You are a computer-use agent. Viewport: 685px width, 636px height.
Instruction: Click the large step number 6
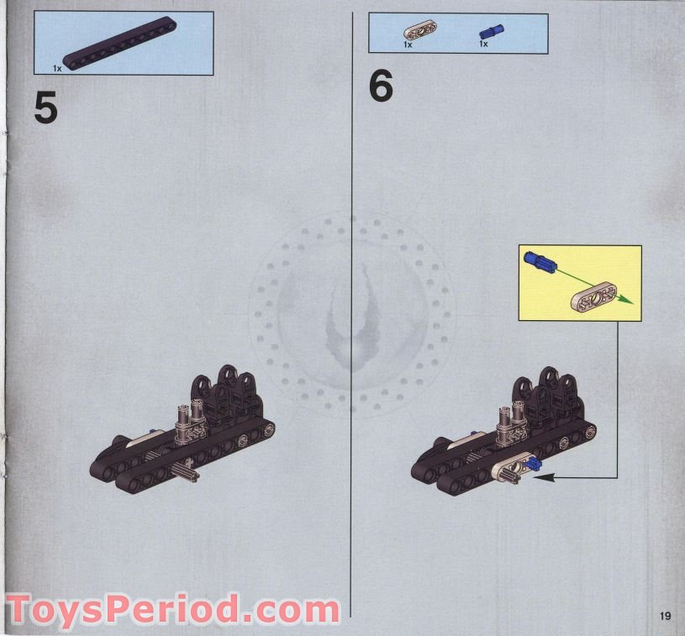pyautogui.click(x=381, y=87)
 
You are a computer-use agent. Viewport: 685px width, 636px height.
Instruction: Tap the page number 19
pyautogui.click(x=665, y=618)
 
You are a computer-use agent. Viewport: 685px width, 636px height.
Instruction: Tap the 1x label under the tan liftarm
pyautogui.click(x=408, y=45)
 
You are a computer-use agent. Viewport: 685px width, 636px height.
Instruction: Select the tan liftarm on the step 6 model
pyautogui.click(x=515, y=469)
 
